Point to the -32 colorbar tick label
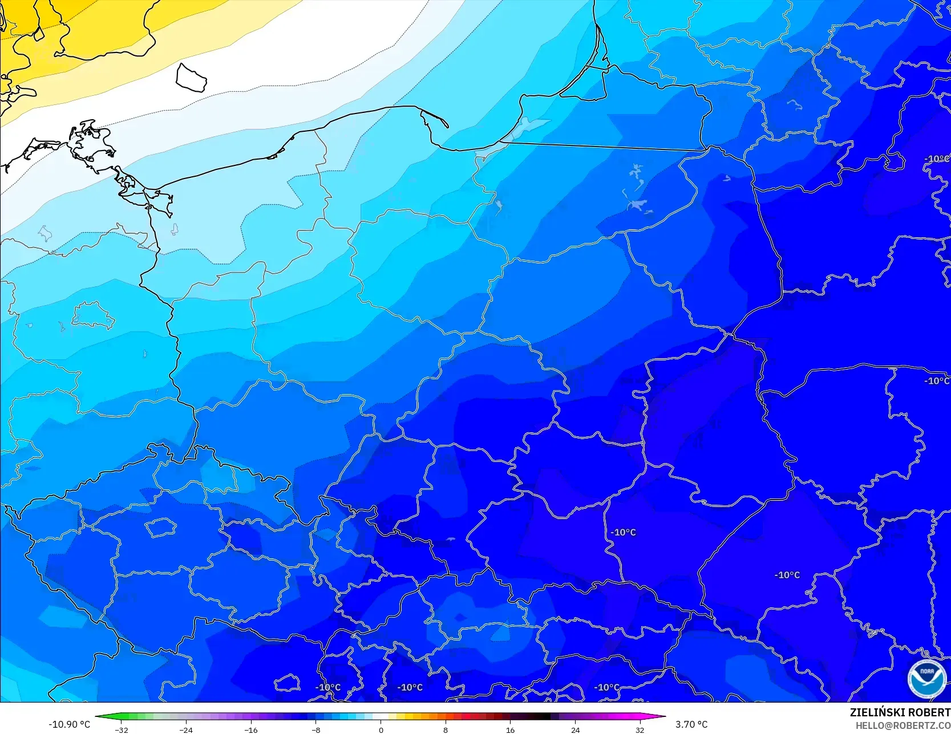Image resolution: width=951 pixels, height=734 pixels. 121,729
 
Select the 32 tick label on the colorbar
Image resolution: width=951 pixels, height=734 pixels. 640,729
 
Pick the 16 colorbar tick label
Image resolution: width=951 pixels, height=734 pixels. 511,729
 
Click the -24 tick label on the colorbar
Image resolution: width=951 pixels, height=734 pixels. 186,729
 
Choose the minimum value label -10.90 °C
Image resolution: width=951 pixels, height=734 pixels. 69,724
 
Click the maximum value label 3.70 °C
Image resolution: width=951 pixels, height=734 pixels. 691,724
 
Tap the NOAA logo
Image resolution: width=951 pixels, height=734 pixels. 926,679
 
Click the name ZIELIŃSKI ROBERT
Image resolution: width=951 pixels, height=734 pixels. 900,712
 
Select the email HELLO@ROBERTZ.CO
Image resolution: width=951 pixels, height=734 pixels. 903,725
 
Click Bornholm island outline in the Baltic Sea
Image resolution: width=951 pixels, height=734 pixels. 191,78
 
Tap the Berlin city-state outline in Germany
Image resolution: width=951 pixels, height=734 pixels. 92,315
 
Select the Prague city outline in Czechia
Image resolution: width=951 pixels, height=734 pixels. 160,528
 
